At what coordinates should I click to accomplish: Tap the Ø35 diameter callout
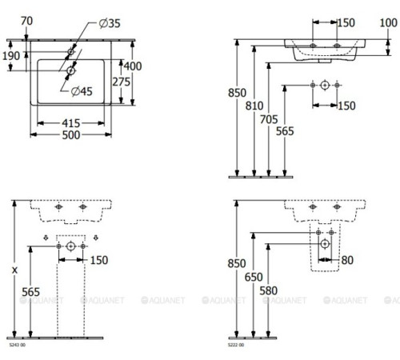[110, 24]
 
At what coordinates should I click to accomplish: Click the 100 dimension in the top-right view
[387, 23]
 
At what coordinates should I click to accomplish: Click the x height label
[13, 271]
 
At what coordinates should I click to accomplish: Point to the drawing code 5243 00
[16, 346]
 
